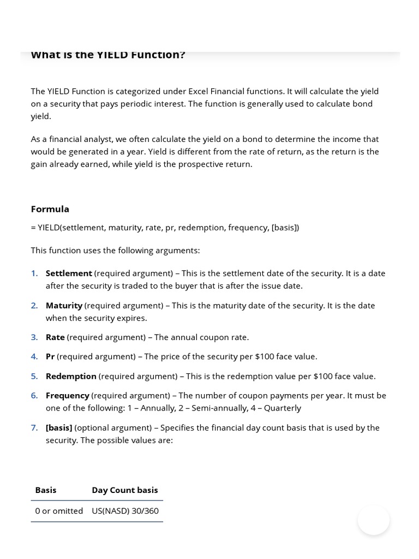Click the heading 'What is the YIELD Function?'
click(108, 55)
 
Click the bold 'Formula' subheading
click(50, 209)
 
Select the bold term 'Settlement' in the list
click(69, 273)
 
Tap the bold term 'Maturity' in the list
click(64, 305)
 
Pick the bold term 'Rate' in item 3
click(55, 337)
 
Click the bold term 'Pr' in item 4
click(50, 356)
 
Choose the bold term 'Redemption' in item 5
click(71, 376)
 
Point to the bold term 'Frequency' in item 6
click(68, 395)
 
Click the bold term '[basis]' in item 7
click(59, 427)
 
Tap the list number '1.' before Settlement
click(34, 273)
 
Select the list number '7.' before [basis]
click(34, 427)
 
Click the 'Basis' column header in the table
click(46, 490)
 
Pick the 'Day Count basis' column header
click(125, 490)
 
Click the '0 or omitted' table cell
click(59, 511)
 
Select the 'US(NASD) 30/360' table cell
click(125, 511)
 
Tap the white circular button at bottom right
click(374, 520)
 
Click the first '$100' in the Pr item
click(265, 356)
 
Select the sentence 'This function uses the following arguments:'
click(115, 251)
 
